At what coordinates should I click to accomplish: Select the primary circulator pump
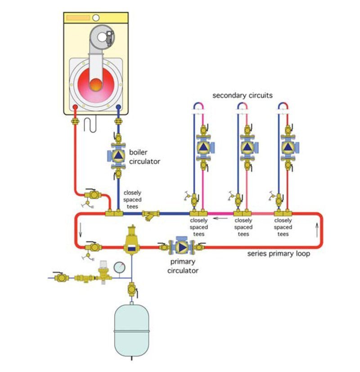tap(180, 247)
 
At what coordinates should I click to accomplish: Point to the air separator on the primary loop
tap(132, 243)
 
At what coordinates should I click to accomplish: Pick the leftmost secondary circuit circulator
tap(203, 147)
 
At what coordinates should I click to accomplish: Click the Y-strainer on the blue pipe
tap(148, 215)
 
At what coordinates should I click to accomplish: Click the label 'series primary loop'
tap(279, 254)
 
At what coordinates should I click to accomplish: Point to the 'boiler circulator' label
tap(144, 157)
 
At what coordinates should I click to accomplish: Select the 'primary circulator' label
tap(183, 267)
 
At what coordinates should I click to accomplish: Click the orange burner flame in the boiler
tap(96, 83)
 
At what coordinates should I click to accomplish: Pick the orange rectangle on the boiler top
tap(78, 18)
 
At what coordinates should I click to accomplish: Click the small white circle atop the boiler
tap(96, 18)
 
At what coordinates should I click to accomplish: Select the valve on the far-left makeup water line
tap(60, 278)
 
